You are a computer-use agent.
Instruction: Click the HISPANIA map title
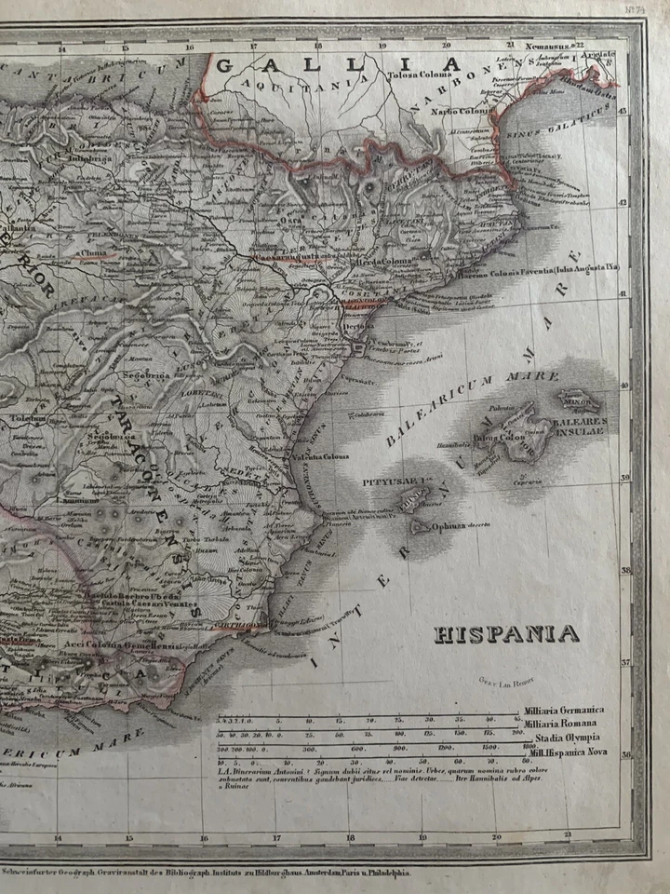pyautogui.click(x=507, y=635)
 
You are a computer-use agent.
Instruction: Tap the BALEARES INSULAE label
pyautogui.click(x=581, y=427)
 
